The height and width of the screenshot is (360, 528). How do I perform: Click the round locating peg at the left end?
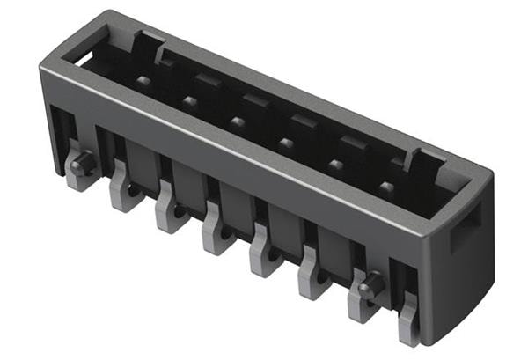click(x=81, y=164)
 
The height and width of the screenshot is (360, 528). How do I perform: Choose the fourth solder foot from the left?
click(x=216, y=236)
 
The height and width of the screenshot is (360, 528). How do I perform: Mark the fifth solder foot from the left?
click(x=264, y=258)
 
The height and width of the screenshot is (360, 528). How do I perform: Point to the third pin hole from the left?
click(x=238, y=121)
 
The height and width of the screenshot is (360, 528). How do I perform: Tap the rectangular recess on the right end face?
click(x=464, y=227)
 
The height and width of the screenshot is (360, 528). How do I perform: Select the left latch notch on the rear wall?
click(x=148, y=44)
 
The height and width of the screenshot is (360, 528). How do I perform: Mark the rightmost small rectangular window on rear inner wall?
click(x=353, y=141)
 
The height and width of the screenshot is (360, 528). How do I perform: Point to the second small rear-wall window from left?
click(x=256, y=100)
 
